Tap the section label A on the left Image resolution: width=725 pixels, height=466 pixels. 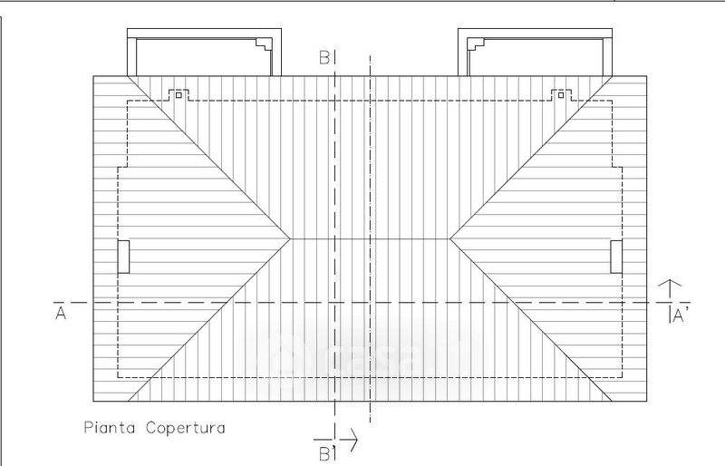[x=61, y=313]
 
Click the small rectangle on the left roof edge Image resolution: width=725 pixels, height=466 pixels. [x=124, y=257]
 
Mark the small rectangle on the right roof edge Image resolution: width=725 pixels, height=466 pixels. [x=616, y=257]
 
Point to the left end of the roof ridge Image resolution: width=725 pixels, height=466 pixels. [x=290, y=239]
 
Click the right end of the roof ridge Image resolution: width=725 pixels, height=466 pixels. [x=450, y=239]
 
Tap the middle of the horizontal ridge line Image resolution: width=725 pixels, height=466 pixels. [x=370, y=239]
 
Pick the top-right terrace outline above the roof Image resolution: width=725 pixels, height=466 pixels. [x=539, y=53]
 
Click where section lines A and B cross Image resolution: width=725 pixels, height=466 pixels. [x=335, y=302]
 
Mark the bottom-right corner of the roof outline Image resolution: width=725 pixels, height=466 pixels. [x=648, y=402]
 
